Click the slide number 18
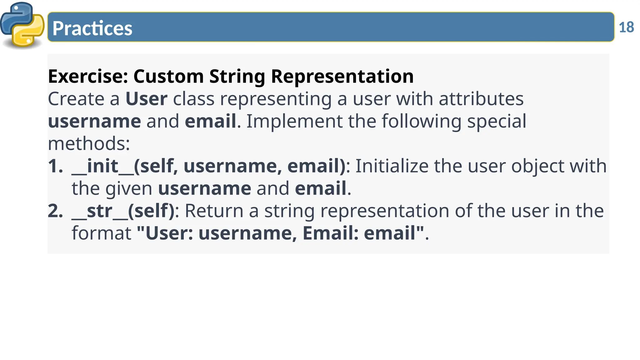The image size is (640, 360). click(x=626, y=27)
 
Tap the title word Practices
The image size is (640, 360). click(x=92, y=28)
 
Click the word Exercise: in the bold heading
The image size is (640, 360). click(x=88, y=76)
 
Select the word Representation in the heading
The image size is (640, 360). click(x=342, y=76)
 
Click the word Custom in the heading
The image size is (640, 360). click(x=168, y=76)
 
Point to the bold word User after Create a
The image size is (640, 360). click(x=146, y=99)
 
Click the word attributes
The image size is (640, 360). click(x=481, y=99)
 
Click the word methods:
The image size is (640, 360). click(x=89, y=144)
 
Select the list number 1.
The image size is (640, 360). click(x=55, y=166)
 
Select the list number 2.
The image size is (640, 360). click(x=55, y=211)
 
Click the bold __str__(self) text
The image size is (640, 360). click(x=123, y=211)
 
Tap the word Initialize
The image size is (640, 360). click(x=392, y=166)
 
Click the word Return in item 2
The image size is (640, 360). click(x=214, y=211)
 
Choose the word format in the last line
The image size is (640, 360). click(x=102, y=233)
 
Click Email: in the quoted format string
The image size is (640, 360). click(x=330, y=233)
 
